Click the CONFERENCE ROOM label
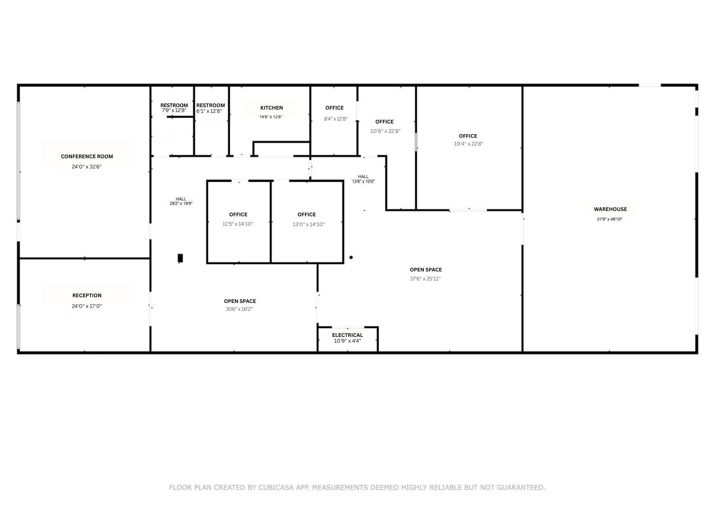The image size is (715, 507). pos(87,156)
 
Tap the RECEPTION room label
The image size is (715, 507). pos(87,295)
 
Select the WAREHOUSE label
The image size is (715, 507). pos(610,209)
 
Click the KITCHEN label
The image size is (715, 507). pos(271,108)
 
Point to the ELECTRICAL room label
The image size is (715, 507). pos(347,335)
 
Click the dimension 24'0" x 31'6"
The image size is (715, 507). pos(86,166)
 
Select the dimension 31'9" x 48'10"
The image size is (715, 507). pos(609,219)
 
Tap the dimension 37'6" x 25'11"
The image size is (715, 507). pos(425,279)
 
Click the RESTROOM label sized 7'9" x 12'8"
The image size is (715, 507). pos(174,105)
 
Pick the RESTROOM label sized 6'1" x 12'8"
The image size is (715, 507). pos(210,105)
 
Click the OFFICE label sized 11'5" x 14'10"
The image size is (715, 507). pos(238,214)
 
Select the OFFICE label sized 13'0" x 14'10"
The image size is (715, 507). pos(306,214)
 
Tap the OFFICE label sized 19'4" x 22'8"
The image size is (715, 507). pos(468,136)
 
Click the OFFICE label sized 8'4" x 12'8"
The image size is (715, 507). pos(334,108)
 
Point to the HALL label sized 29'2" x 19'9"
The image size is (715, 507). pos(181,199)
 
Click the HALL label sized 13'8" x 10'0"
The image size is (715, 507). pos(363,177)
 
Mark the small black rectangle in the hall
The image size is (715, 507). pos(180,258)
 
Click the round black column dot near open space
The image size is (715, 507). pos(351,257)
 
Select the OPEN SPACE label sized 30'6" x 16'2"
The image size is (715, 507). pos(240,301)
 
